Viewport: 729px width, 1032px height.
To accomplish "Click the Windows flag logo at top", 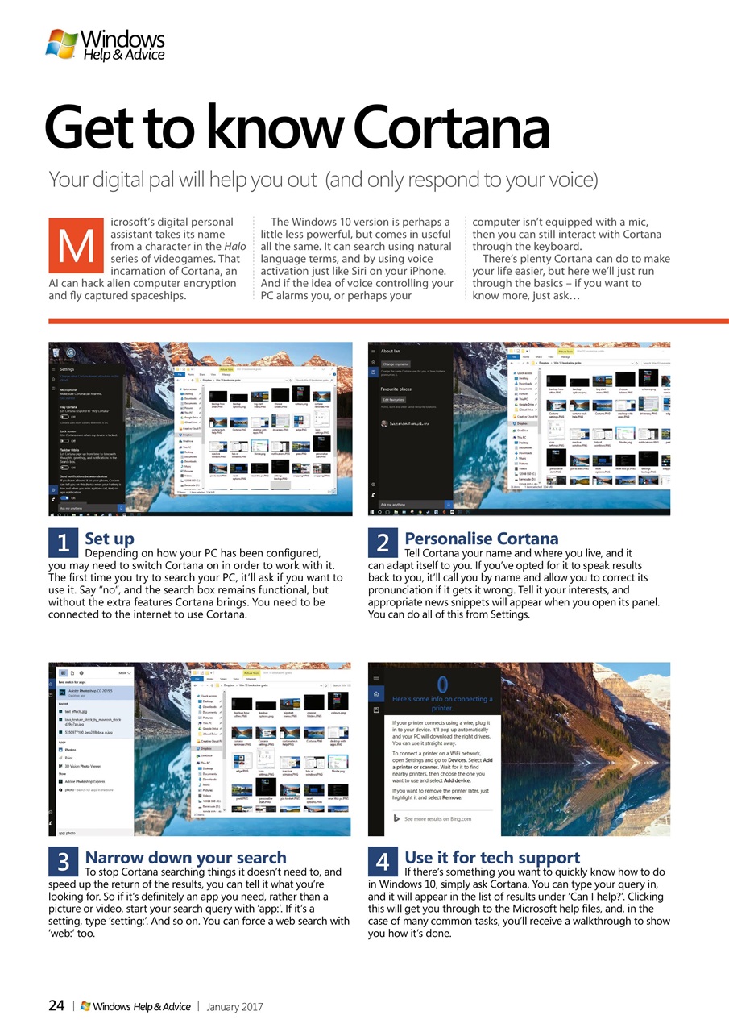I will coord(61,43).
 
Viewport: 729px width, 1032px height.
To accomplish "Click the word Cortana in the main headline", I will coord(450,129).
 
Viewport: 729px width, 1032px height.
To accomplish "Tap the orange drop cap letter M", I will coord(76,248).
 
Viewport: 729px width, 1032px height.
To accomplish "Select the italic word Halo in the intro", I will coord(234,246).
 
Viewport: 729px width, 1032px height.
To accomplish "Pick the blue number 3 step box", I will coord(63,862).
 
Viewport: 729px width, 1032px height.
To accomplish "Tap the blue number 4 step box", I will coord(383,862).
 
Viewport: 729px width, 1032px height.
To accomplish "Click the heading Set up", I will coord(110,538).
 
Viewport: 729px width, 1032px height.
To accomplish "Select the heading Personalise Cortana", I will coord(481,538).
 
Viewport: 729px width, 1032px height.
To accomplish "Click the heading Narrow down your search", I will coord(185,857).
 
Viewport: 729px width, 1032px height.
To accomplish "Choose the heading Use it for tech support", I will coord(491,857).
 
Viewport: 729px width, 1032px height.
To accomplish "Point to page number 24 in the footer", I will coord(56,1005).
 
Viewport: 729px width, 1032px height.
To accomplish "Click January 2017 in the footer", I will coord(234,1006).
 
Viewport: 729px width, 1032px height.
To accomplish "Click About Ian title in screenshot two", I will coord(391,351).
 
